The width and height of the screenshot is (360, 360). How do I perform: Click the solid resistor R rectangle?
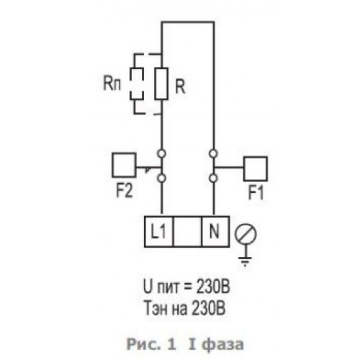156,84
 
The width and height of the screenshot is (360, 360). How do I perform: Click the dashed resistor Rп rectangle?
130,84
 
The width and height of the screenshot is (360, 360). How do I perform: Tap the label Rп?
112,84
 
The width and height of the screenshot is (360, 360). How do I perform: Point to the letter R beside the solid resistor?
180,86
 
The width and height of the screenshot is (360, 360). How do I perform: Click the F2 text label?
125,191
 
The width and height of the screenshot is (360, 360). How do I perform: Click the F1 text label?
256,193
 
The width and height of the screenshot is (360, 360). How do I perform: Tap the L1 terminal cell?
158,231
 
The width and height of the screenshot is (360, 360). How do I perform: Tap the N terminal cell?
215,231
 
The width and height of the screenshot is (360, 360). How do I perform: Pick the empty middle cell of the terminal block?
187,231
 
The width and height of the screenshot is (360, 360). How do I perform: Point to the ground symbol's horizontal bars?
245,261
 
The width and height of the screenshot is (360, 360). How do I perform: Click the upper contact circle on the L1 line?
161,153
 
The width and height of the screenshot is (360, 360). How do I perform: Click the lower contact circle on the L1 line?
161,178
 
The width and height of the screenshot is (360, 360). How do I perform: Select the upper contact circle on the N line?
213,153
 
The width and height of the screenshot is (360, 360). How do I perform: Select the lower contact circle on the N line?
213,178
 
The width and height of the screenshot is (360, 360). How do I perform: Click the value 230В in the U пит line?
212,287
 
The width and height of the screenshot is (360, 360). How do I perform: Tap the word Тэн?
156,308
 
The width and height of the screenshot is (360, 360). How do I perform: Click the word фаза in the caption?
222,344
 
